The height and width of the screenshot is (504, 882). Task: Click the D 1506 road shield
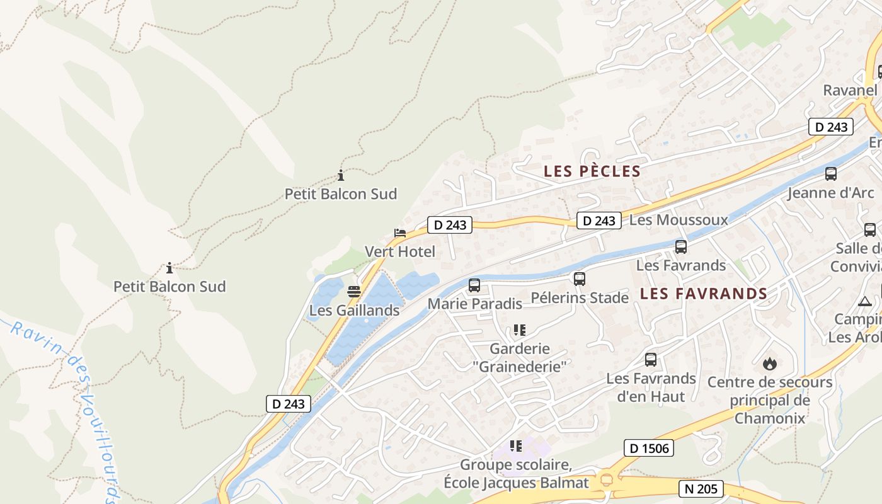(649, 448)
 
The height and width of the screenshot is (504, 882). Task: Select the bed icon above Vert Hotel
(400, 233)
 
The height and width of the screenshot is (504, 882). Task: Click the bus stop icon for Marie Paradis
(474, 285)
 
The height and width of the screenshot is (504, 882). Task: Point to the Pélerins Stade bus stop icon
(580, 278)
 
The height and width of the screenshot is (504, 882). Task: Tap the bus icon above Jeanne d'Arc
(831, 174)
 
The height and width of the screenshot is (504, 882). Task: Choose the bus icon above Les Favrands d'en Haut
(651, 360)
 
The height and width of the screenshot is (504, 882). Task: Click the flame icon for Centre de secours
(769, 364)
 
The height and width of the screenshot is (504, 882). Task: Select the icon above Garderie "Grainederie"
(519, 329)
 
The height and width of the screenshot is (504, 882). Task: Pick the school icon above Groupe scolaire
(516, 446)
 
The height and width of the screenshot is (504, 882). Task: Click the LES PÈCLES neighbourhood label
(592, 171)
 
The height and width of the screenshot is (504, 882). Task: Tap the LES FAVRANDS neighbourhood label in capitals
(704, 294)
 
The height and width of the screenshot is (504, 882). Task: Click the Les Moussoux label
(679, 220)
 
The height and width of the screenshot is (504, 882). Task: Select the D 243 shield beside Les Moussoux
(598, 220)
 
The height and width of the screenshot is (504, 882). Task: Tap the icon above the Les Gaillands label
(354, 292)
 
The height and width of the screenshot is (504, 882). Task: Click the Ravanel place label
(850, 90)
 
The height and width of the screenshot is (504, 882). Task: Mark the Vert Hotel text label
(400, 252)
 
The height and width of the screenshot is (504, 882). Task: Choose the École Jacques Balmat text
(516, 483)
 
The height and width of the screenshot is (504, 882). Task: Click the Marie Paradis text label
(475, 304)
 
